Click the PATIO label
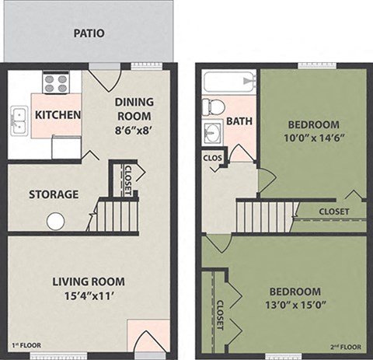89,33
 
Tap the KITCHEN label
58,115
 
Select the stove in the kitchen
55,82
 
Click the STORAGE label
54,194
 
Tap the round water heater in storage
55,221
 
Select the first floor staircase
117,215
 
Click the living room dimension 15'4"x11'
88,296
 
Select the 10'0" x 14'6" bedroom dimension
313,139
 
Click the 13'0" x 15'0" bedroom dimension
295,304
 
